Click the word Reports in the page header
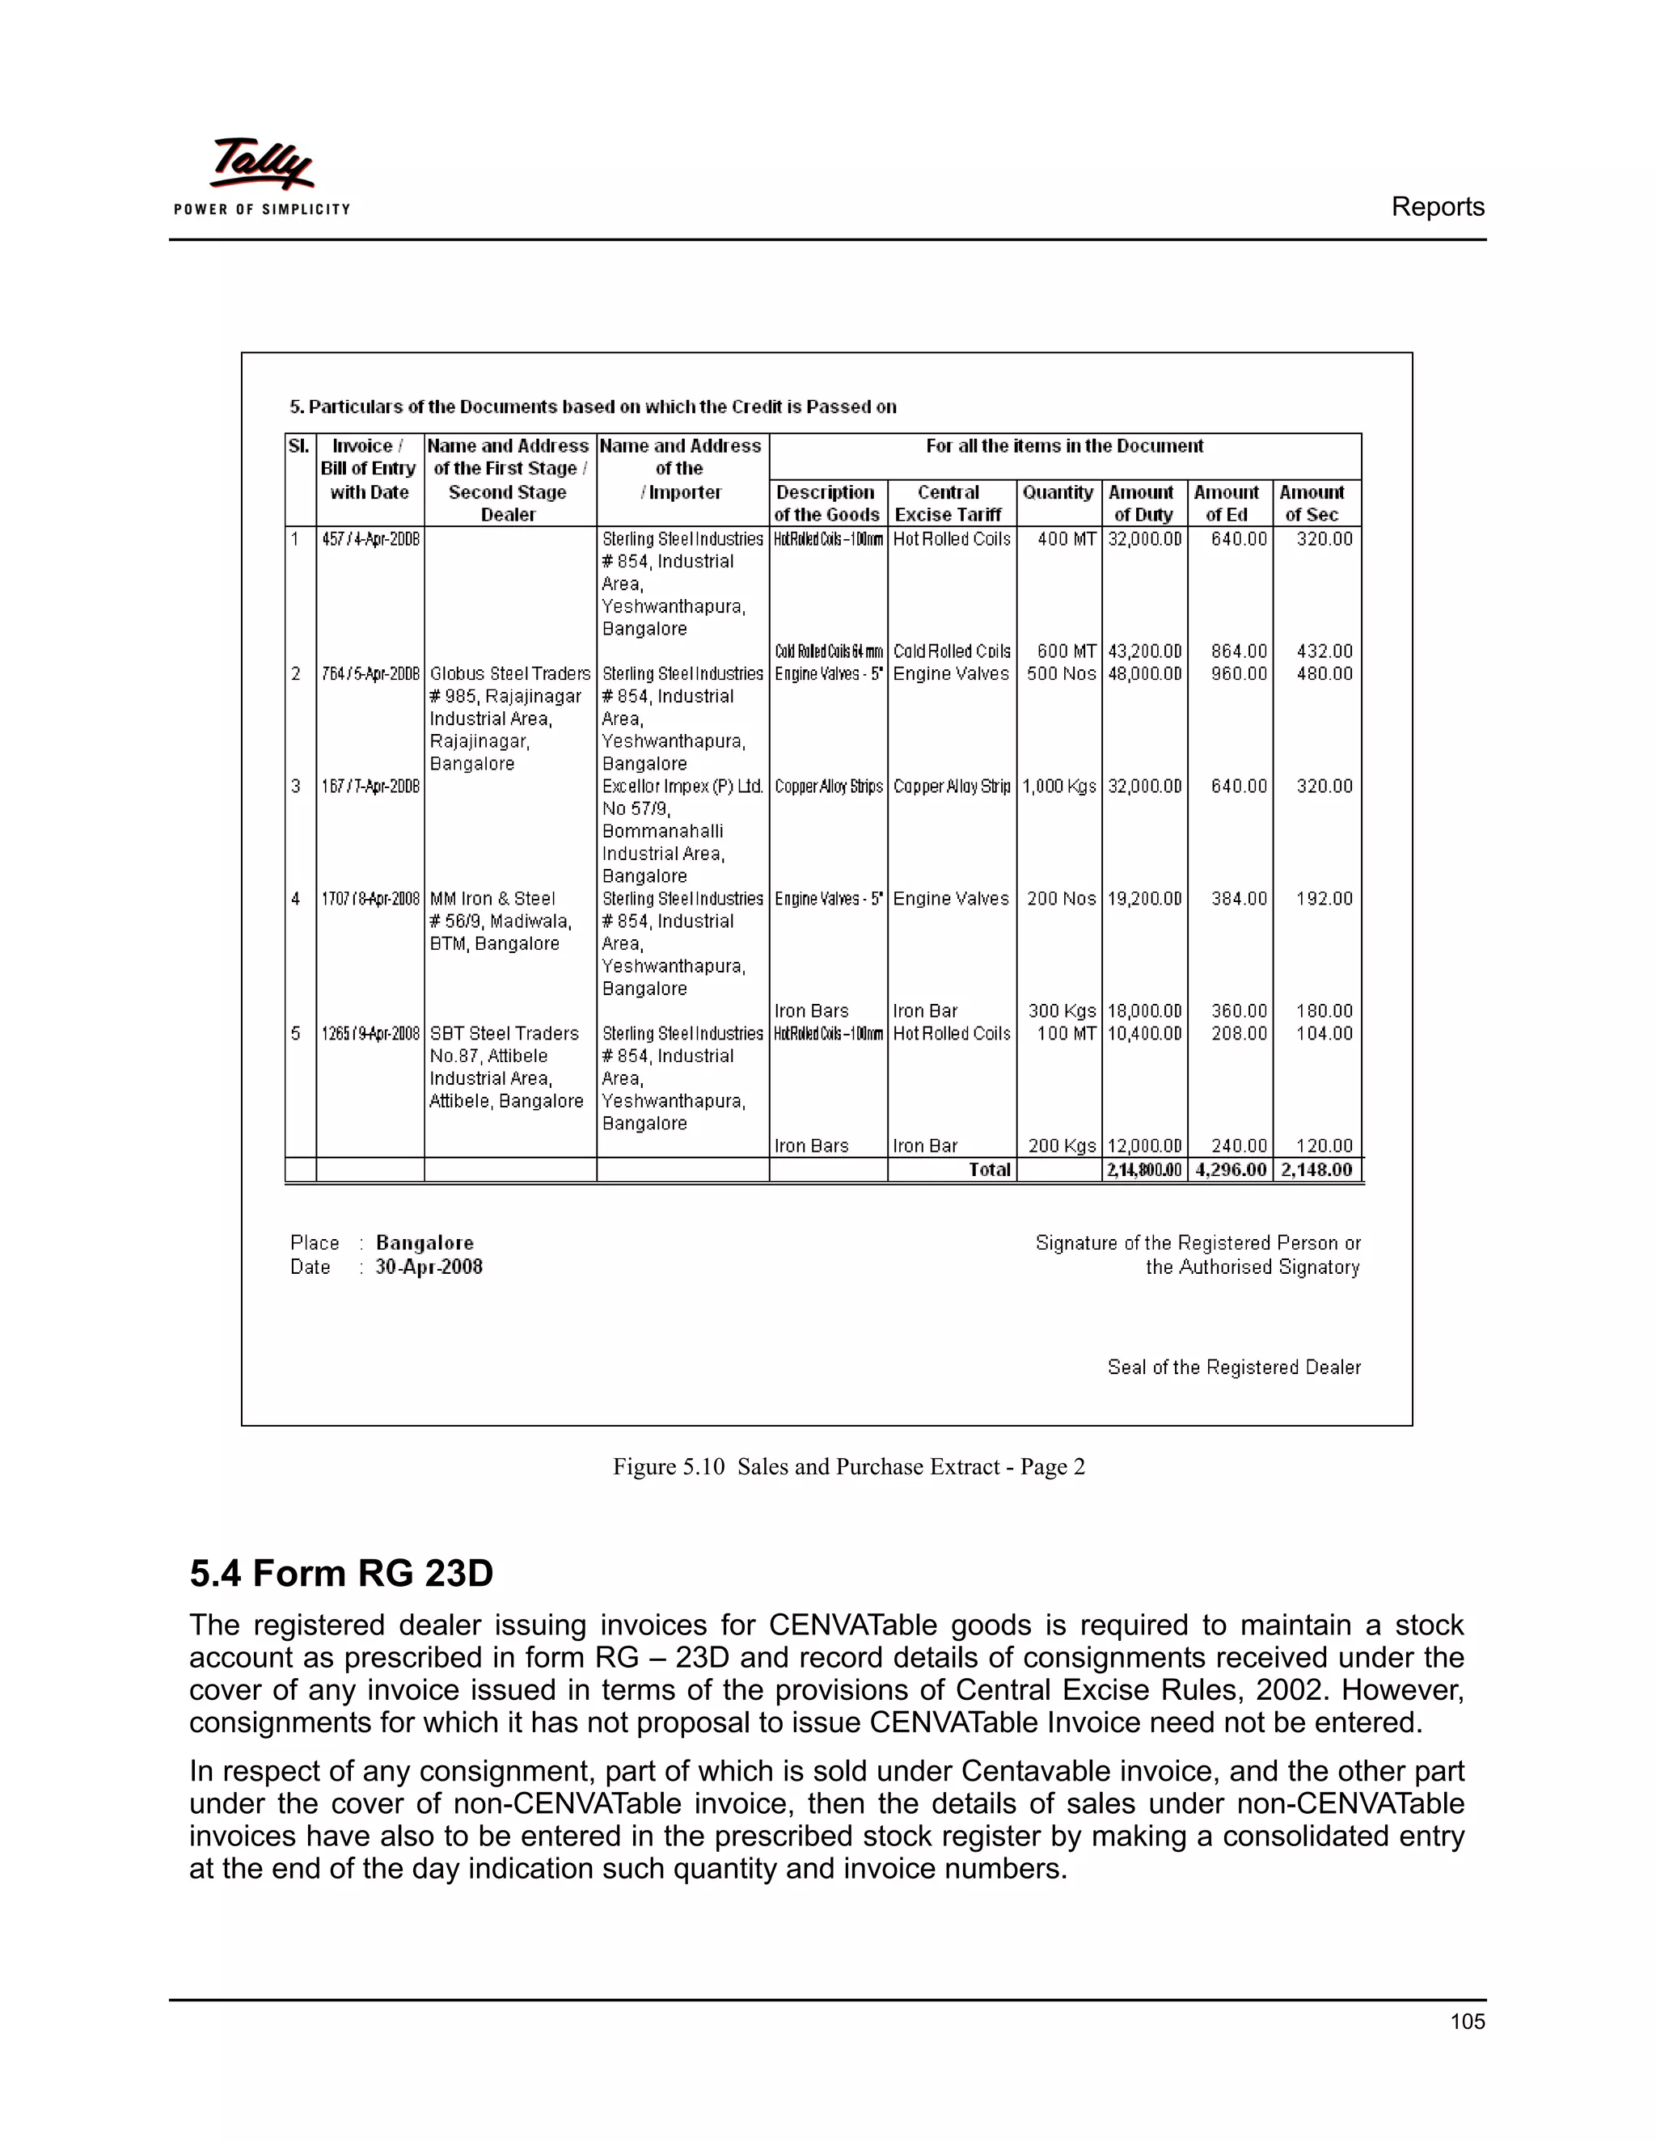coord(1436,207)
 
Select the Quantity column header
coord(1057,492)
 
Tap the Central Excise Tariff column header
coord(948,503)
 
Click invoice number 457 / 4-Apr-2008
coord(370,539)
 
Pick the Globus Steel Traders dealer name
coord(509,674)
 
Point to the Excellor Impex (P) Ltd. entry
coord(682,786)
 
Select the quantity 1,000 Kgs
coord(1058,786)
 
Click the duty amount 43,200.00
coord(1144,651)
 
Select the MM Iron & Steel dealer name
coord(492,898)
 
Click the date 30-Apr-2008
coord(429,1267)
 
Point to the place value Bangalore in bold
coord(424,1242)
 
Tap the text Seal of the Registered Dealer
coord(1233,1367)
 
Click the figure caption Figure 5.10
coord(668,1467)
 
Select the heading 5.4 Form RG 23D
coord(340,1573)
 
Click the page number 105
coord(1467,2022)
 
